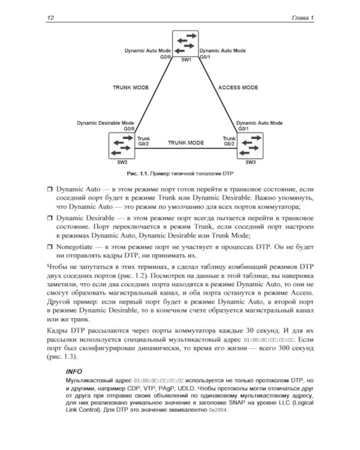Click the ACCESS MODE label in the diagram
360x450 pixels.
(238, 87)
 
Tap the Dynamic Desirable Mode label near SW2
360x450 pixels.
(105, 122)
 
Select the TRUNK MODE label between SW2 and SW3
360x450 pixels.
(185, 143)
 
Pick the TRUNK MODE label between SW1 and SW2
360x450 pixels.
(130, 87)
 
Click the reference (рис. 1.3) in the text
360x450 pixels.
(62, 357)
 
